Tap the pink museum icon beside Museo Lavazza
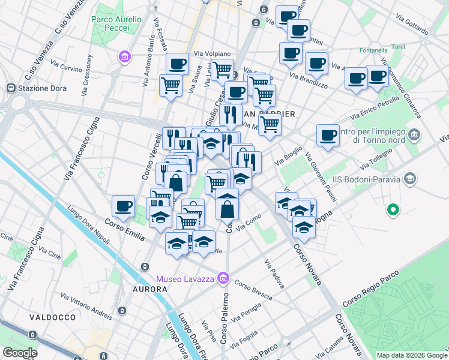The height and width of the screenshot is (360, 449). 223,278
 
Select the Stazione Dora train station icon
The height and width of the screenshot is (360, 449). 11,88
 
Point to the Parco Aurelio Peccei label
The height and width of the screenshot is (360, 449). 116,24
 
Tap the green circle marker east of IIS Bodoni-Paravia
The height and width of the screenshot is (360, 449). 393,210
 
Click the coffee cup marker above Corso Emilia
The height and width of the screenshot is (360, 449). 124,206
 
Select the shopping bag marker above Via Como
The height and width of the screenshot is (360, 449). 228,209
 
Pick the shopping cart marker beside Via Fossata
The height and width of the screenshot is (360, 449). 171,85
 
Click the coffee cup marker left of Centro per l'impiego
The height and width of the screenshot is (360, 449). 328,135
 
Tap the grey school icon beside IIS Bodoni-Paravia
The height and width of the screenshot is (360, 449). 410,178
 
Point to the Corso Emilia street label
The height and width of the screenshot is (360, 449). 125,231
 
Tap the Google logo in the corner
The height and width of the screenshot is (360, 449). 20,352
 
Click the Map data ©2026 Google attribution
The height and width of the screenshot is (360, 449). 412,355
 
